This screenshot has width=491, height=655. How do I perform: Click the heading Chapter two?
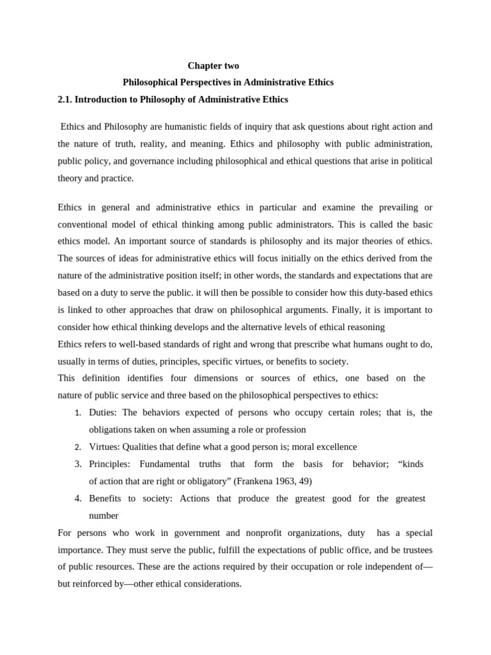point(213,66)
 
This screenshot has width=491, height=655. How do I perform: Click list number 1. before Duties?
point(77,413)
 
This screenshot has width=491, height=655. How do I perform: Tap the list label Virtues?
point(104,446)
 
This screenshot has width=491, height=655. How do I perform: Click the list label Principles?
point(109,464)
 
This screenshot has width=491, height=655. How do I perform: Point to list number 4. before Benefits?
point(77,498)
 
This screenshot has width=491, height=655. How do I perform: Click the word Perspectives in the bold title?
point(202,83)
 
